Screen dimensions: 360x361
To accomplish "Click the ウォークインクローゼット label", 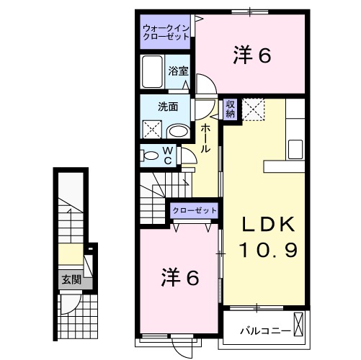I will (166, 32).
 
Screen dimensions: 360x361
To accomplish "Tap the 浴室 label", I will (178, 71).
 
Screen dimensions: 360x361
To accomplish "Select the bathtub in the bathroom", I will (153, 72).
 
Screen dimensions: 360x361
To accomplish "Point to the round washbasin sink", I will (178, 130).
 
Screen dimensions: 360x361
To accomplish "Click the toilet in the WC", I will (149, 156).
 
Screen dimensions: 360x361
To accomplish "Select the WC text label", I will (166, 156).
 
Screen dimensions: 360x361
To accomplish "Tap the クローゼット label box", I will (194, 210).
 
